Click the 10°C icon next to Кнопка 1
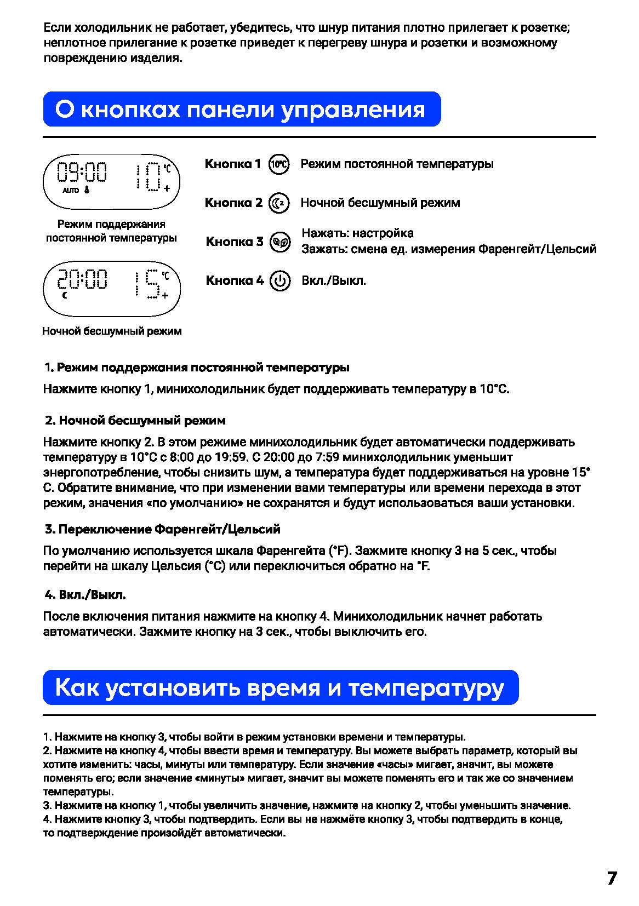tap(279, 164)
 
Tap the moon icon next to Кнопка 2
tap(279, 203)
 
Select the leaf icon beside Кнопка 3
tap(280, 242)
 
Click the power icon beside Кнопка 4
tap(280, 281)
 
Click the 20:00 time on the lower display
tap(83, 279)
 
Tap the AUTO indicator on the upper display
tap(71, 191)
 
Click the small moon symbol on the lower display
tap(65, 295)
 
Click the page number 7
tap(612, 879)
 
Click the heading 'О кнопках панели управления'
tap(241, 110)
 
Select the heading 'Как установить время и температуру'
tap(279, 687)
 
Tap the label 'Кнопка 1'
tap(233, 164)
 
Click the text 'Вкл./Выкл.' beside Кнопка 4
tap(334, 281)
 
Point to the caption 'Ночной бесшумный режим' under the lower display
tap(112, 331)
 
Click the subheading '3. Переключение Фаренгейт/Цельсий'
tap(163, 529)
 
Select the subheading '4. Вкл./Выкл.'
tap(85, 595)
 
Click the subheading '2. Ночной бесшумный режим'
tap(135, 421)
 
